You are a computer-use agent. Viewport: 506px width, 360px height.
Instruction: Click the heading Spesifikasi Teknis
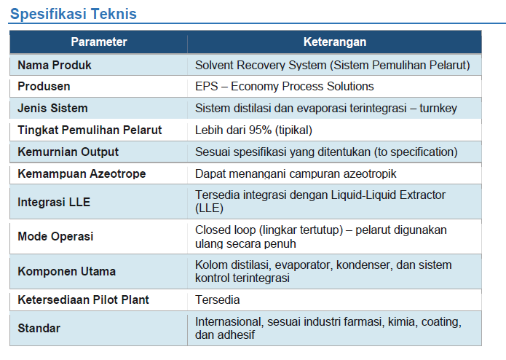(74, 14)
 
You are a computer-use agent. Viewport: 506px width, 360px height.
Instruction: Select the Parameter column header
(99, 42)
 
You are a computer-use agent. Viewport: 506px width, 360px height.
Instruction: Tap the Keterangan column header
(335, 42)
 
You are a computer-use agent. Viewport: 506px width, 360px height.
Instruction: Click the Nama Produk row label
(55, 65)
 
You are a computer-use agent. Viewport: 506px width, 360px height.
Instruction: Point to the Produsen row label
(44, 87)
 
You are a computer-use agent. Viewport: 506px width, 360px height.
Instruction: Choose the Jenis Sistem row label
(52, 108)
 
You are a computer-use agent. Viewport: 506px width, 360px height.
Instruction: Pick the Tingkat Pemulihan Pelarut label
(90, 130)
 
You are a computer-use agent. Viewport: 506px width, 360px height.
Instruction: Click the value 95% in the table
(260, 130)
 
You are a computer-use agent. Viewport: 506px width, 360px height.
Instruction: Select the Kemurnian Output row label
(68, 152)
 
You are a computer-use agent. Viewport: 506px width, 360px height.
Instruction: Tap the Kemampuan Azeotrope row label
(82, 173)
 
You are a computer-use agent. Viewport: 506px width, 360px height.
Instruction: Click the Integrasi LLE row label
(54, 202)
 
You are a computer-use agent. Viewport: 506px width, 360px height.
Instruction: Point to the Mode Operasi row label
(55, 236)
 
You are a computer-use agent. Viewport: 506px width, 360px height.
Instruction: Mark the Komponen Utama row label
(66, 272)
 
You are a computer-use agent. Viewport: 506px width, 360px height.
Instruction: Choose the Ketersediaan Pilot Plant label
(83, 300)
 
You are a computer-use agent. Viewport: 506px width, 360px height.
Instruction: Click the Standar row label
(39, 329)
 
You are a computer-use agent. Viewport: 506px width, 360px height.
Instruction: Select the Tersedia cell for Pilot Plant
(218, 300)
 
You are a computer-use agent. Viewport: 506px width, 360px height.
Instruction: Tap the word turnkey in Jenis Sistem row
(438, 109)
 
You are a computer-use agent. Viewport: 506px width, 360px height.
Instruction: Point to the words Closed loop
(225, 230)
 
